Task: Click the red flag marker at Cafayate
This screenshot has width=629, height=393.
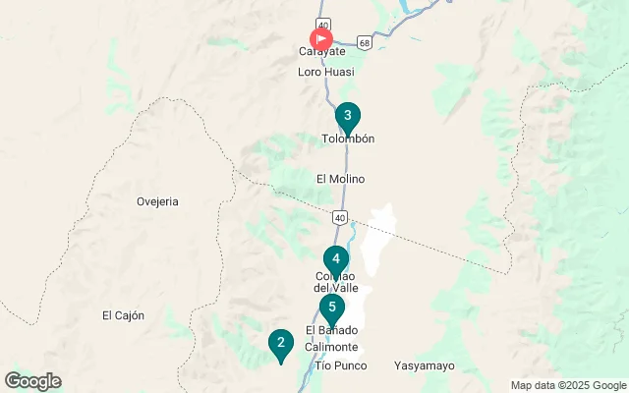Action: point(321,39)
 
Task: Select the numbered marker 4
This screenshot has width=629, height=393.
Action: point(336,260)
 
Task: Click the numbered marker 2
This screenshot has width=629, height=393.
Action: point(281,344)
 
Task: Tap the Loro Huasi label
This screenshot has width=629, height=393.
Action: point(325,72)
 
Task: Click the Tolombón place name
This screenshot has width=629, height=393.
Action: point(348,140)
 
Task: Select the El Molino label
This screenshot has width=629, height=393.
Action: point(341,179)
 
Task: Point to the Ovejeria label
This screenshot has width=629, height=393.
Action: point(157,201)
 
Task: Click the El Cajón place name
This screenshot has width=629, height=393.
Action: point(123,315)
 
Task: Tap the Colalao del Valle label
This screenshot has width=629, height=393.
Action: point(336,281)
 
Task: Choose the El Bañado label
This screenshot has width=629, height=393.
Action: point(331,330)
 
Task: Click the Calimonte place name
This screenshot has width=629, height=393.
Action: point(331,348)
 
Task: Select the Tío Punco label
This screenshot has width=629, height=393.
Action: point(340,365)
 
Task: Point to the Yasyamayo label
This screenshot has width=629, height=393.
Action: point(425,365)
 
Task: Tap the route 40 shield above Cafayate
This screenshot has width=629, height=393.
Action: point(322,23)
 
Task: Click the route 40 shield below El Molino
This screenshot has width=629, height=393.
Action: point(339,216)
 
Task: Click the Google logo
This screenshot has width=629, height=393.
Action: point(32,381)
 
